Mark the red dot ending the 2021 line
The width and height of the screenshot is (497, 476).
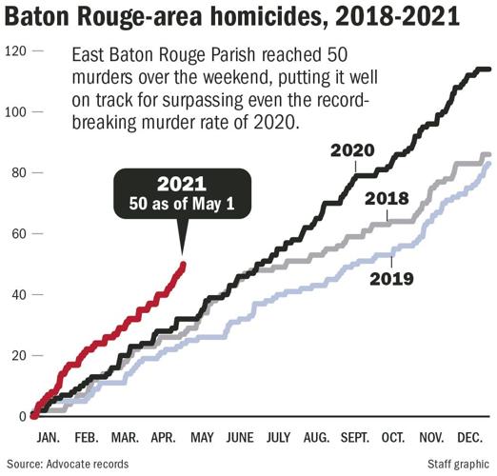(x=182, y=266)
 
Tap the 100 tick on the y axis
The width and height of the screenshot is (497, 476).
(x=13, y=111)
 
